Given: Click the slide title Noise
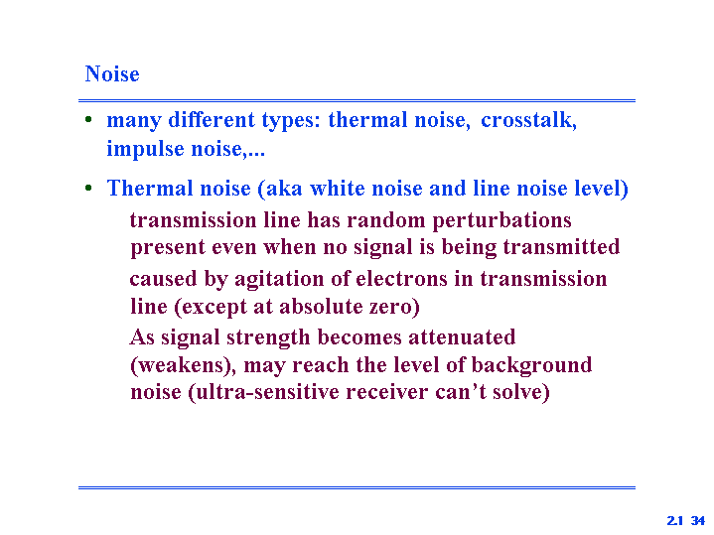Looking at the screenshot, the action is pos(112,73).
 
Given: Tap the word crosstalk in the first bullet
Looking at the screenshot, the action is pos(528,120).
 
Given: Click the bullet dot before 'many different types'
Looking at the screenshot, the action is pos(88,120).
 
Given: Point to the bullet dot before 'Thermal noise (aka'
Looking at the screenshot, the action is pos(88,188).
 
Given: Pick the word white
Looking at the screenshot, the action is pos(337,188).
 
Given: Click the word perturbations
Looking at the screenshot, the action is pos(501,220).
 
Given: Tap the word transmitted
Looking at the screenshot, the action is pos(561,247).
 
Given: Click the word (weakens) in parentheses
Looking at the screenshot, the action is pos(183,365).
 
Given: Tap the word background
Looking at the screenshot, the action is pos(531,365).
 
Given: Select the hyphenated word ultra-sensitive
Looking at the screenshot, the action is pos(263,392).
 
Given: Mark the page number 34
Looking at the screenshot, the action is pos(697,520).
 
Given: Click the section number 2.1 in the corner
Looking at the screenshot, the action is pos(675,520).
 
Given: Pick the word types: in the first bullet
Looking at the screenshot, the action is pos(291,121).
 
